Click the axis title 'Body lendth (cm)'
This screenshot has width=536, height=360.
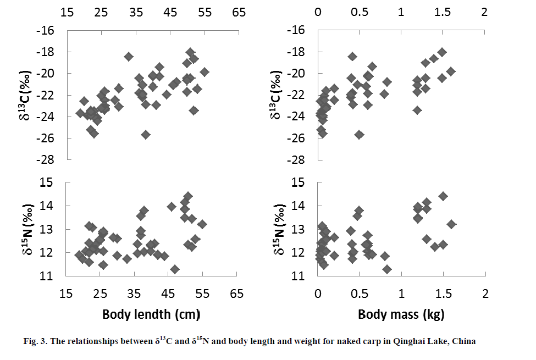click(x=151, y=315)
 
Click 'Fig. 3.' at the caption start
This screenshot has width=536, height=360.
click(x=36, y=341)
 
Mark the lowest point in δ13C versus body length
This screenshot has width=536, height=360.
click(x=146, y=135)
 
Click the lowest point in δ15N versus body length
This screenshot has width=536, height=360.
click(x=175, y=269)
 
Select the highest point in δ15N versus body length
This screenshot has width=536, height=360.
click(x=188, y=196)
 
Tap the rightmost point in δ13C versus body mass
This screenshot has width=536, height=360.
click(x=451, y=71)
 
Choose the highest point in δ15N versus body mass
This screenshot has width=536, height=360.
click(x=443, y=196)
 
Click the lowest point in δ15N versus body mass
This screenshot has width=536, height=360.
click(x=387, y=269)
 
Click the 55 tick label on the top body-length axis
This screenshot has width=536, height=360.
click(x=204, y=12)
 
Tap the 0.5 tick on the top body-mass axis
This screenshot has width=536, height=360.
click(x=360, y=12)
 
